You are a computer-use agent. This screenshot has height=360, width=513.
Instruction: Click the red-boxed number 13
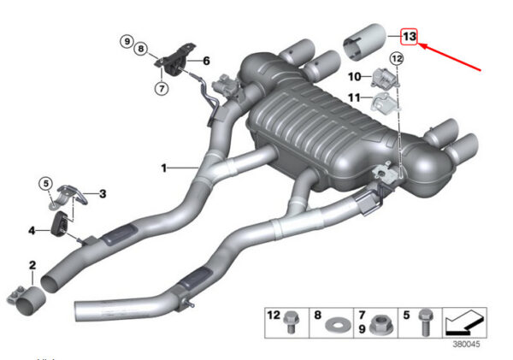click(x=410, y=36)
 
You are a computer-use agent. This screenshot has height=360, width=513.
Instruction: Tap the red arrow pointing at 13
click(x=450, y=57)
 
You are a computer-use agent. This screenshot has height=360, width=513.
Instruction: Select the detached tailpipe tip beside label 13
click(x=365, y=42)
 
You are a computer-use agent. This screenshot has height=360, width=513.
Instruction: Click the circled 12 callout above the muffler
click(x=397, y=59)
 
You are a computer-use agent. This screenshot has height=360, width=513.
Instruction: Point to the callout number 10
click(x=354, y=77)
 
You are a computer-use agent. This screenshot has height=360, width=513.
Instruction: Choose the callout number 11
click(x=354, y=97)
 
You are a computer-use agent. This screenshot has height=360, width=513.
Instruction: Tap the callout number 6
click(x=206, y=61)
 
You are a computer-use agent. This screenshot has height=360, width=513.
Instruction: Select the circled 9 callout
click(x=127, y=41)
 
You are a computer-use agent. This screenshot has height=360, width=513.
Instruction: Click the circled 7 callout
click(x=162, y=88)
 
